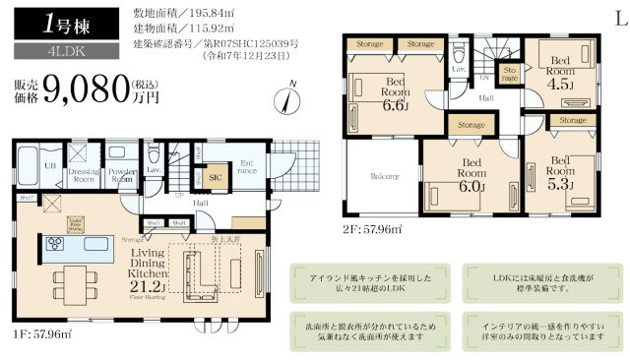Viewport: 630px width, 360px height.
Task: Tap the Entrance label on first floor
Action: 246,168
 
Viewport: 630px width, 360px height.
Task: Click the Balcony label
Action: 384,177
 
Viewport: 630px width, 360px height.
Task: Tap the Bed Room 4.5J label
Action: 560,70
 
